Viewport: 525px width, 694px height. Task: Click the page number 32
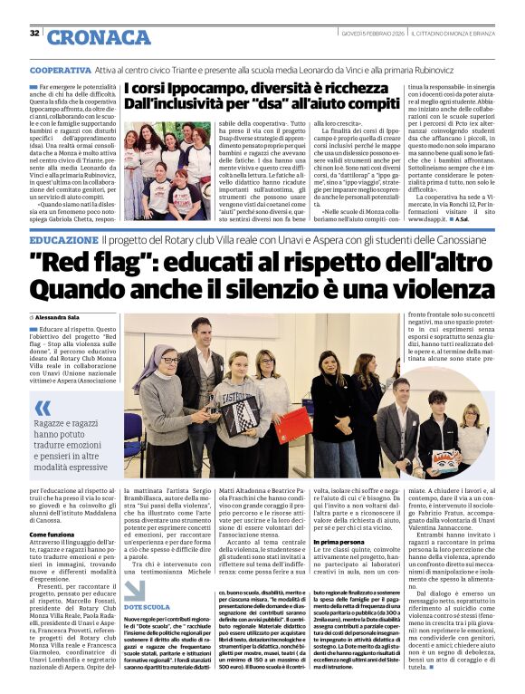pos(34,34)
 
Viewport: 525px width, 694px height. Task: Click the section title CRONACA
pos(86,37)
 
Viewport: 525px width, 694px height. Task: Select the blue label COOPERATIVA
pos(60,70)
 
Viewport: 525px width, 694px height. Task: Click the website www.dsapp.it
pos(428,218)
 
